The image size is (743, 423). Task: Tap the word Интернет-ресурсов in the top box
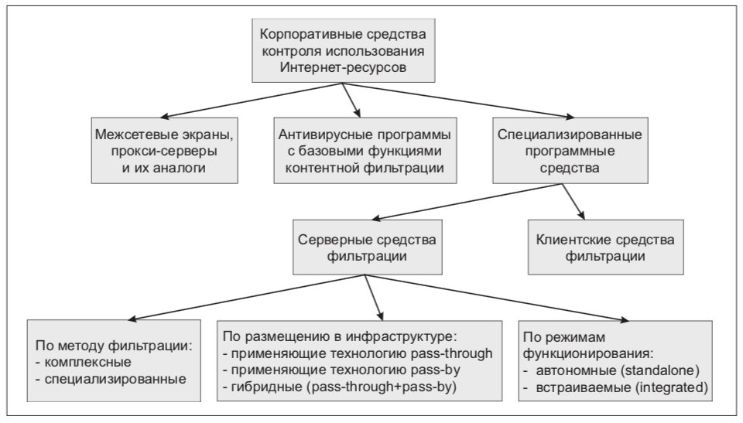(x=343, y=67)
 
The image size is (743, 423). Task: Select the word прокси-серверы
(x=164, y=152)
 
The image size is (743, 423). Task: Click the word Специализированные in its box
(x=570, y=135)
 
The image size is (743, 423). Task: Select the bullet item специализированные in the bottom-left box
(x=111, y=380)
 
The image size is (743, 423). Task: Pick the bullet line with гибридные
(x=339, y=387)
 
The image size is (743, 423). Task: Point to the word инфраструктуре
(x=400, y=337)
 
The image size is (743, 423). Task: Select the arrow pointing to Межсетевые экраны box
(x=252, y=101)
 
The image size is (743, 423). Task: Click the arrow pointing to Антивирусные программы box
(x=351, y=101)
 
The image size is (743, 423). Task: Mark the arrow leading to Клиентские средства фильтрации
(x=574, y=202)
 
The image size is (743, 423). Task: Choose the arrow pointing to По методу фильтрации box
(x=246, y=298)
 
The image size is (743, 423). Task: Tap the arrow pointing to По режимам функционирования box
(x=497, y=298)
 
